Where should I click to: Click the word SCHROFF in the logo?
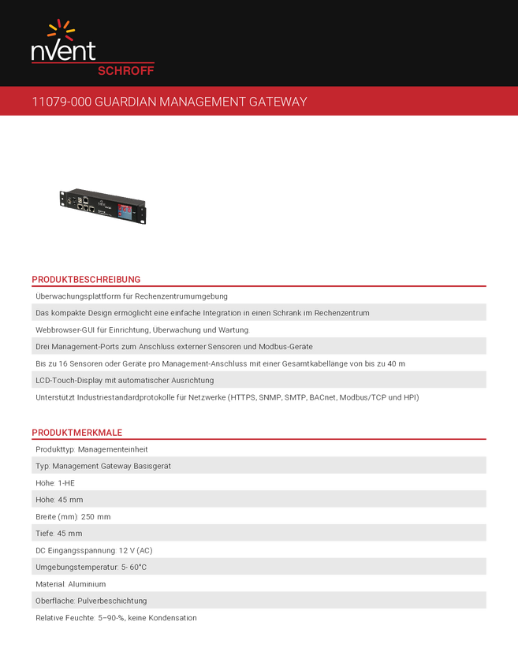coord(125,70)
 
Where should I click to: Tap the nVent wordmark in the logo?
coord(63,51)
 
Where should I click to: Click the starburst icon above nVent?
coord(61,31)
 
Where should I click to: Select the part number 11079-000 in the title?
coord(57,102)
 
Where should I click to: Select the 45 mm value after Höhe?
coord(70,500)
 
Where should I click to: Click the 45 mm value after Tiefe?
coord(70,534)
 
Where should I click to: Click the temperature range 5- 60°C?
coord(135,567)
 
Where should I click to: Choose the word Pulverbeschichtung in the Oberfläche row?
coord(106,601)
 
